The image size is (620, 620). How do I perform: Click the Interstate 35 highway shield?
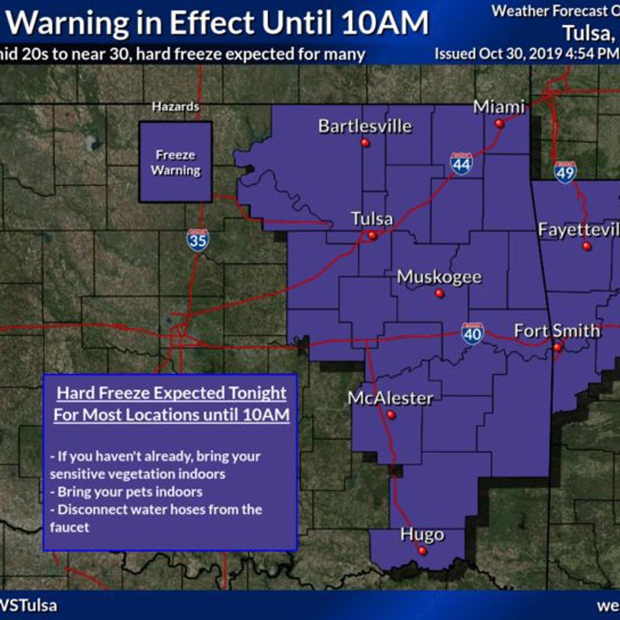[x=198, y=240]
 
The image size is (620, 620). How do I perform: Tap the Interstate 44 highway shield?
[x=461, y=164]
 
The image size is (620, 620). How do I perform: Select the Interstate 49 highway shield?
[x=565, y=172]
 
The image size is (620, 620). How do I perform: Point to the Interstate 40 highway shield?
[x=473, y=334]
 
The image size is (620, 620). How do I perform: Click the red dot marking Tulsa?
[x=373, y=236]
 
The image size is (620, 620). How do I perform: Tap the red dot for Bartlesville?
[x=365, y=143]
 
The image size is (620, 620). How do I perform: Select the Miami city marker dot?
[x=499, y=123]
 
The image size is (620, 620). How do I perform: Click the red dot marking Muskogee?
[x=440, y=293]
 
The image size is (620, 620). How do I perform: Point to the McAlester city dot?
[x=391, y=415]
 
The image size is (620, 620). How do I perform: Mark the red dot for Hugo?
[x=423, y=551]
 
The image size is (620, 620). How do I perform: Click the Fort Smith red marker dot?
[x=557, y=348]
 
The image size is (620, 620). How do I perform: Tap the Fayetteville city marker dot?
[x=586, y=246]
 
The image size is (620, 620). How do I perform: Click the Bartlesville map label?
[x=365, y=126]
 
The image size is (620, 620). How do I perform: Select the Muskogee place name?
[x=439, y=277]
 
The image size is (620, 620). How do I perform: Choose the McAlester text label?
[x=390, y=398]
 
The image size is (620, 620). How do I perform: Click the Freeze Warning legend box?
[x=176, y=162]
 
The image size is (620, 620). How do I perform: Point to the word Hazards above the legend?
[x=176, y=106]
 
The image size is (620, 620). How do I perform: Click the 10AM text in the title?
[x=385, y=23]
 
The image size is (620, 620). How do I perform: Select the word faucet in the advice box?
[x=70, y=527]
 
